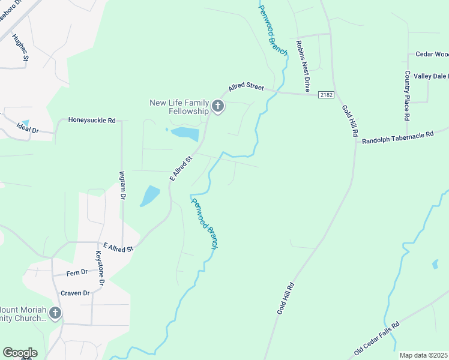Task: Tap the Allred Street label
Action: click(x=246, y=87)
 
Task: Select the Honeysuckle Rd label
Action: click(x=92, y=120)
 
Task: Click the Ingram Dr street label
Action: click(x=122, y=186)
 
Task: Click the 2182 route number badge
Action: click(x=326, y=95)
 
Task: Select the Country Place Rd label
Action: click(x=407, y=94)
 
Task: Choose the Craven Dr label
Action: click(x=75, y=293)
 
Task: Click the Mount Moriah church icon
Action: click(x=55, y=313)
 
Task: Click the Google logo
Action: click(x=20, y=353)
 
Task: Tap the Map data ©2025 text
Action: click(x=423, y=355)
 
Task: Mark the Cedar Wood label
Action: click(x=432, y=54)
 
